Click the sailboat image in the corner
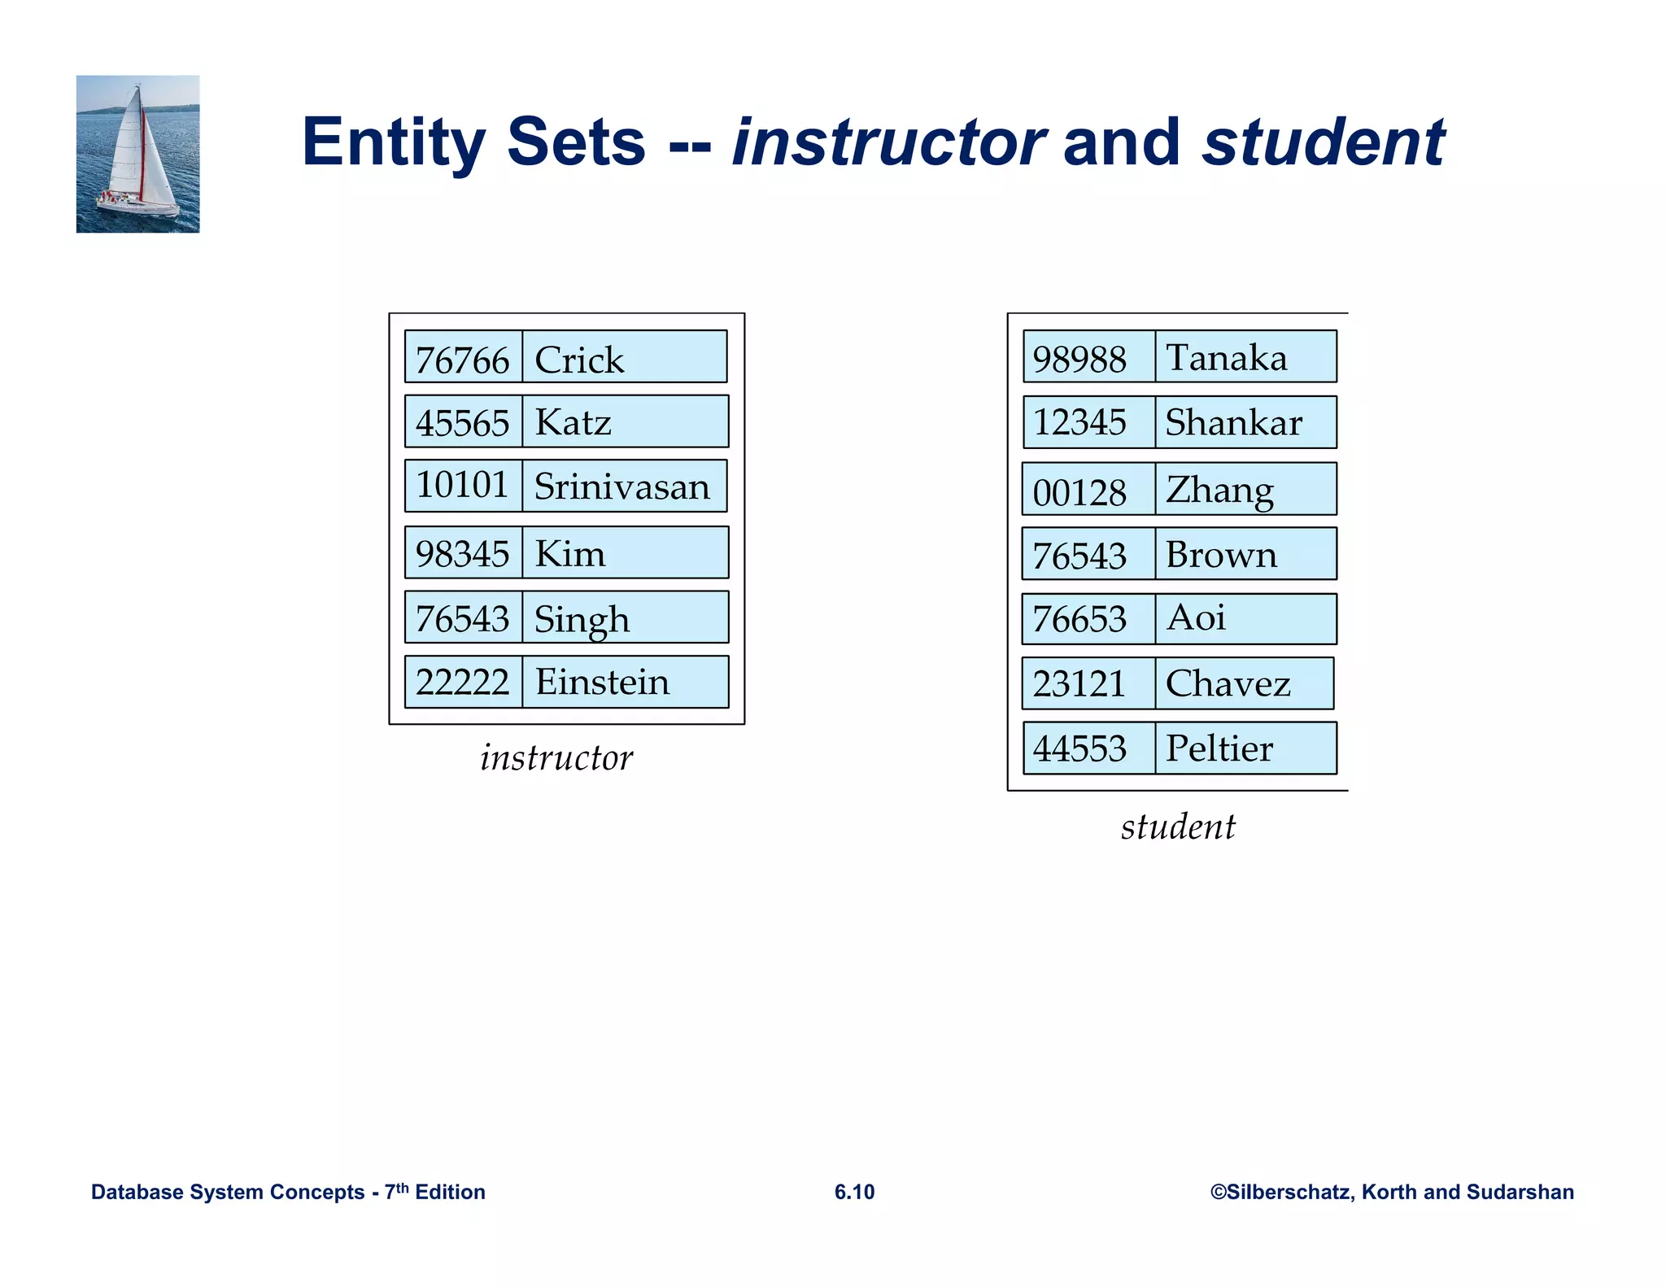[137, 154]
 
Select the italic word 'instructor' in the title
[888, 143]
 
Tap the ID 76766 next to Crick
[462, 360]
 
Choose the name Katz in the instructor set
[573, 423]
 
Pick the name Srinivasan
[621, 487]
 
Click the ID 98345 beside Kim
[462, 554]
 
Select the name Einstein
[602, 683]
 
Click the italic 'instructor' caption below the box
[556, 758]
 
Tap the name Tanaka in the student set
[1227, 358]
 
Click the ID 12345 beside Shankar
[1079, 423]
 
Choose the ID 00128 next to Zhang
[1079, 492]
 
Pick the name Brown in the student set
[1221, 556]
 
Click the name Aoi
[1195, 617]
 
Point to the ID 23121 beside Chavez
[1079, 684]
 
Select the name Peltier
[1219, 748]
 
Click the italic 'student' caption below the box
[1178, 827]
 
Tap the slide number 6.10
[854, 1192]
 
